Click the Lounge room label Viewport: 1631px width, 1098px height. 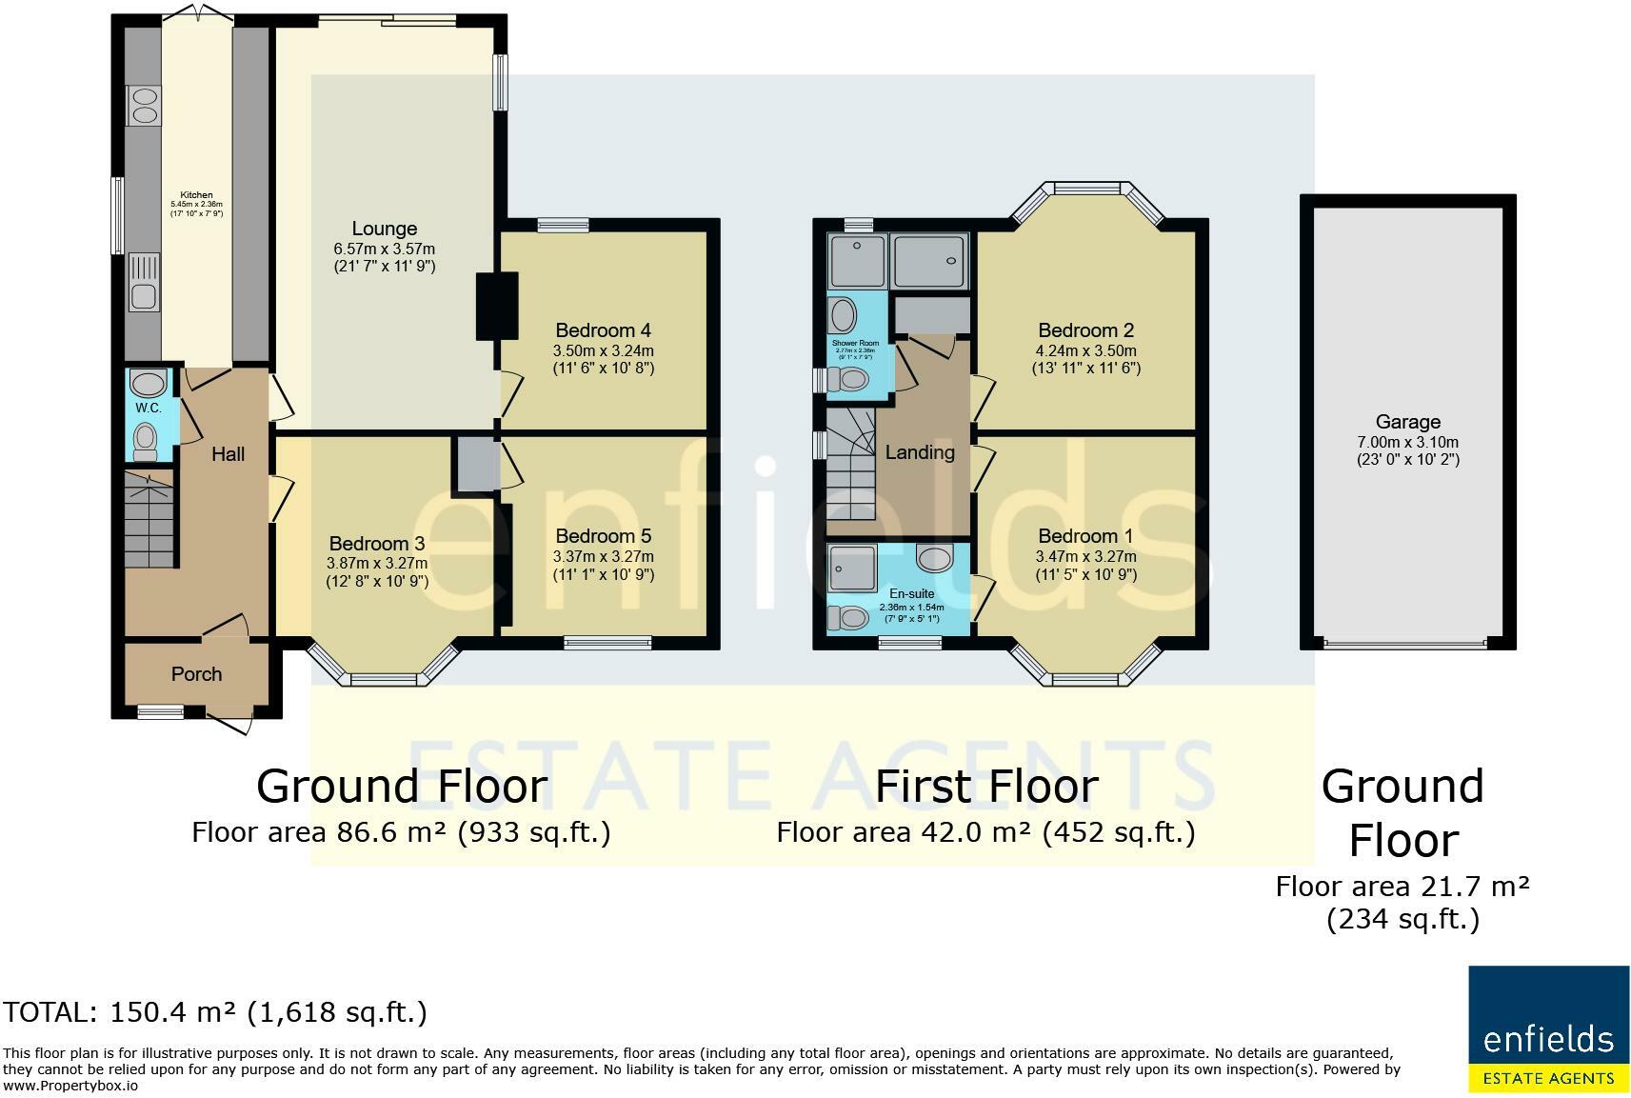[384, 229]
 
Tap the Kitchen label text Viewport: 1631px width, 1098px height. [196, 195]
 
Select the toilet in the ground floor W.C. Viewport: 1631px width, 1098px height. [146, 441]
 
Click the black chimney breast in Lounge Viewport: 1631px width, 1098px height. [496, 306]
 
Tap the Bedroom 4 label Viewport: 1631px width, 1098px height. [603, 330]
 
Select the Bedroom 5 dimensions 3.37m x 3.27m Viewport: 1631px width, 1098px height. [603, 557]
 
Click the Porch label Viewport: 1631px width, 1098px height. [196, 674]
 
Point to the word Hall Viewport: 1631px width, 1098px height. [228, 455]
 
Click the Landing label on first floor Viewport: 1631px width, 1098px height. [919, 452]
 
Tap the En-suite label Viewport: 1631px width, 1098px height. [911, 593]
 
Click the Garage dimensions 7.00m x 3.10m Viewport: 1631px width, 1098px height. [1407, 442]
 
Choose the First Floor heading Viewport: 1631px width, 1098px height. [985, 787]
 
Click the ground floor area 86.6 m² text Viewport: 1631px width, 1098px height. [401, 832]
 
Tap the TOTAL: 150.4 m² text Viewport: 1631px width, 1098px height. [215, 1011]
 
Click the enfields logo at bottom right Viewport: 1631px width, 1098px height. [1548, 1028]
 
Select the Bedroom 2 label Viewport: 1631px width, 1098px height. [1085, 330]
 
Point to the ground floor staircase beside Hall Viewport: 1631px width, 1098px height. [149, 519]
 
